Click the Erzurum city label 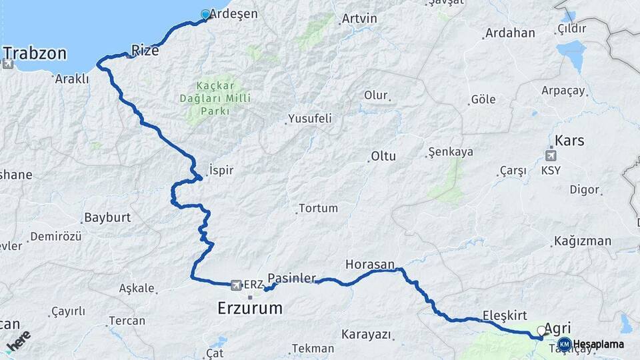(x=250, y=309)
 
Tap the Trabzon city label (x=35, y=53)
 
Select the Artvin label (x=359, y=19)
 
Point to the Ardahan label (x=510, y=33)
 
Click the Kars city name (x=569, y=141)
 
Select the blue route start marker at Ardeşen (x=205, y=13)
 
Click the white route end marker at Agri (x=541, y=331)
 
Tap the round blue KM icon (x=564, y=344)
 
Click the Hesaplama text (x=599, y=345)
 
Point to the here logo (x=18, y=341)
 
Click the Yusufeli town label (x=309, y=119)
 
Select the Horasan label (x=370, y=264)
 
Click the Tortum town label (x=318, y=208)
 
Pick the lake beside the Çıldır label (x=571, y=49)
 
